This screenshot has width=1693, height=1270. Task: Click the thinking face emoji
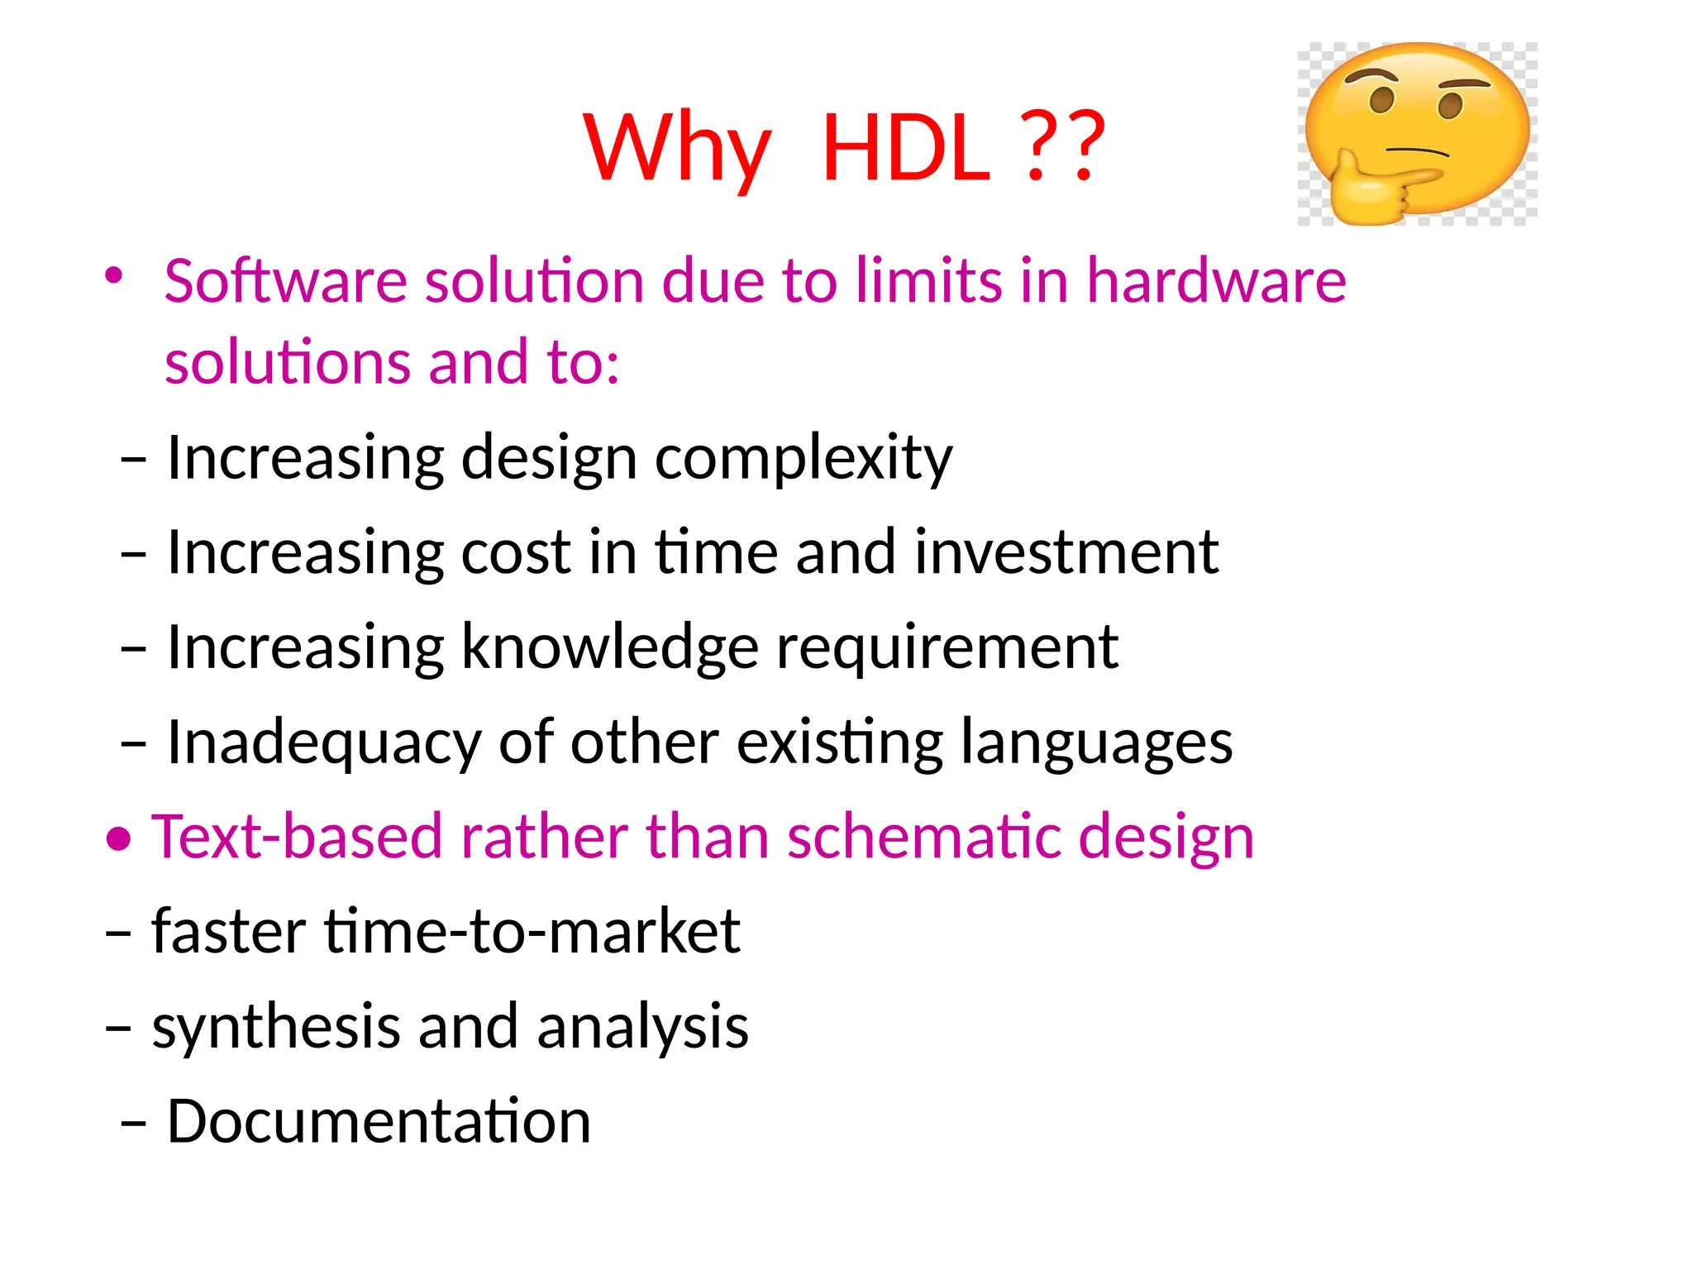tap(1417, 132)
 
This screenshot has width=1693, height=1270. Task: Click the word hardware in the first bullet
tap(1216, 281)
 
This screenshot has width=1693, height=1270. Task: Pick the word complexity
tap(804, 459)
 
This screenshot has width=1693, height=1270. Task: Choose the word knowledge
tap(609, 647)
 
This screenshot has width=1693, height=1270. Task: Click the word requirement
tap(947, 647)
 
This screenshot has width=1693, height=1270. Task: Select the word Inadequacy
tap(324, 742)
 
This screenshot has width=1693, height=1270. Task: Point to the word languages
tap(1096, 742)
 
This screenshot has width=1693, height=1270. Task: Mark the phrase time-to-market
tap(532, 932)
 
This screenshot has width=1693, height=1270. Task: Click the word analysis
tap(642, 1027)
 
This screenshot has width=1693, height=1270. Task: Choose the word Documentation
tap(379, 1121)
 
